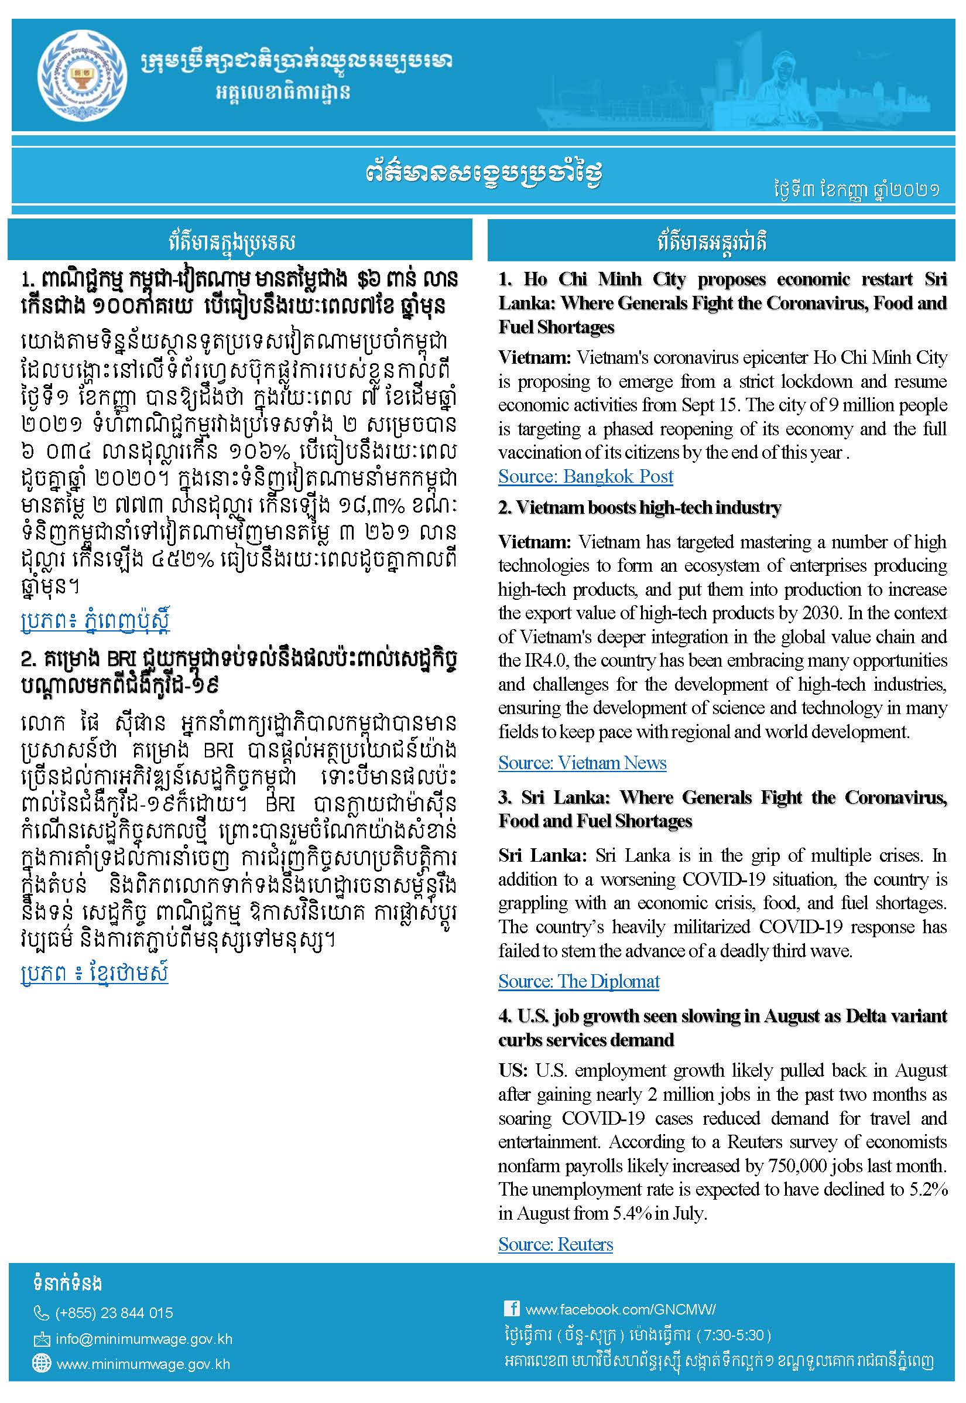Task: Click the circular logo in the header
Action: pos(82,76)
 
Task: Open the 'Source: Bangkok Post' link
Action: pos(585,476)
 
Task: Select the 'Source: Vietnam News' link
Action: pos(582,763)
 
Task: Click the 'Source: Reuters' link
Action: pos(555,1244)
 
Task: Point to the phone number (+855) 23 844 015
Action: pos(114,1313)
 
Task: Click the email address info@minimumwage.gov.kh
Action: pos(144,1339)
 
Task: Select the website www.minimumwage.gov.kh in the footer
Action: pos(143,1364)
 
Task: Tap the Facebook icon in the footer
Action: pos(512,1309)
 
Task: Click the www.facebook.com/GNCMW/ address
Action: pos(621,1309)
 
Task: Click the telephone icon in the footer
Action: pos(40,1313)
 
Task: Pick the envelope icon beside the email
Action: pos(41,1339)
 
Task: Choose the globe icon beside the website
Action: pos(41,1364)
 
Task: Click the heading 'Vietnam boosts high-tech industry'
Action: pos(639,507)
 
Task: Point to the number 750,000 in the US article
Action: pos(799,1166)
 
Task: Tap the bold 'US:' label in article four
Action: pos(514,1071)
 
